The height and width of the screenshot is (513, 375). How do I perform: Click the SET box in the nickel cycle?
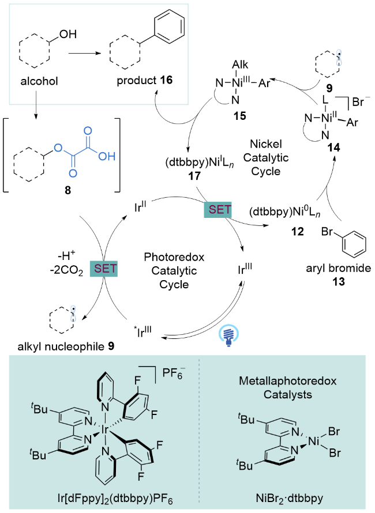click(x=217, y=212)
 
